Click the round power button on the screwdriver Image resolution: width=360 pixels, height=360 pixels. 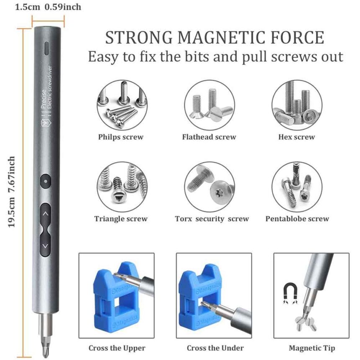(x=45, y=182)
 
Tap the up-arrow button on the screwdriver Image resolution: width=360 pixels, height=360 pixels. (x=46, y=213)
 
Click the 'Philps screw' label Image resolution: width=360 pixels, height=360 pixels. (x=121, y=137)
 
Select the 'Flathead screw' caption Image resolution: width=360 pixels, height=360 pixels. (x=209, y=137)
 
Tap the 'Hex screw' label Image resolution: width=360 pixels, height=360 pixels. (x=296, y=137)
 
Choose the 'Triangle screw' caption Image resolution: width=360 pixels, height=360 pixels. (x=121, y=219)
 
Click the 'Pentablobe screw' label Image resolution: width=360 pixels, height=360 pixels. (x=297, y=219)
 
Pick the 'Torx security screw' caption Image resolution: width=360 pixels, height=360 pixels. (x=211, y=219)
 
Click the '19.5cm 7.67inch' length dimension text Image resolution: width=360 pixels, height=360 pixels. (x=12, y=192)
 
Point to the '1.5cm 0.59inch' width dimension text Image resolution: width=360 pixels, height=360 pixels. (x=48, y=7)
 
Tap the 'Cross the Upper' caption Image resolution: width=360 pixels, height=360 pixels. (x=117, y=348)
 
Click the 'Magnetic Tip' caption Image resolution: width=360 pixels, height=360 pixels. (x=311, y=348)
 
